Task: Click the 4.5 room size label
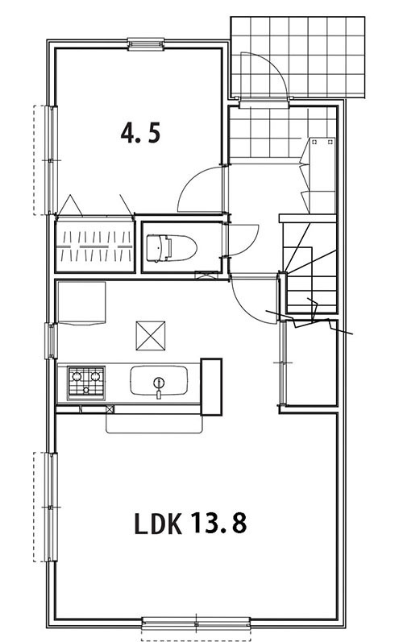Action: (140, 134)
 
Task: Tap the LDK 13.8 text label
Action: (190, 524)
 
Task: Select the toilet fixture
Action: (171, 247)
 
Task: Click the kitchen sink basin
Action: (159, 381)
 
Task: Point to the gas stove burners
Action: (86, 383)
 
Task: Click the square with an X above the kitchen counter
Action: (151, 336)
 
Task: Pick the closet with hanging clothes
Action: (95, 246)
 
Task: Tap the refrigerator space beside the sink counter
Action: (211, 387)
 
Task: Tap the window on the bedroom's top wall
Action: (146, 43)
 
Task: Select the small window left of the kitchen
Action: (52, 341)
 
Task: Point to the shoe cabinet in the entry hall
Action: (322, 176)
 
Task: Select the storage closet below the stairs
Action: (311, 363)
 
